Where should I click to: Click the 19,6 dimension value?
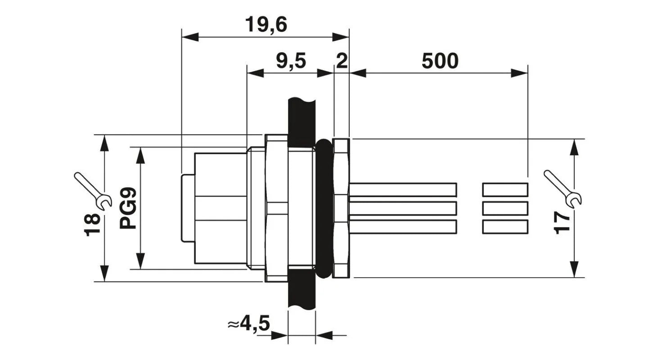point(266,25)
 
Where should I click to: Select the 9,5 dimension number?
point(291,61)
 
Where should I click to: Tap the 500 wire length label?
point(440,61)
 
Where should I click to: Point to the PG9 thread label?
point(128,208)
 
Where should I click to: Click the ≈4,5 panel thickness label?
point(248,324)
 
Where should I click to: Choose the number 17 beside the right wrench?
point(562,223)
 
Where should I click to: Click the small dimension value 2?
point(342,61)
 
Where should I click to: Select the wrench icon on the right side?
point(563,189)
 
